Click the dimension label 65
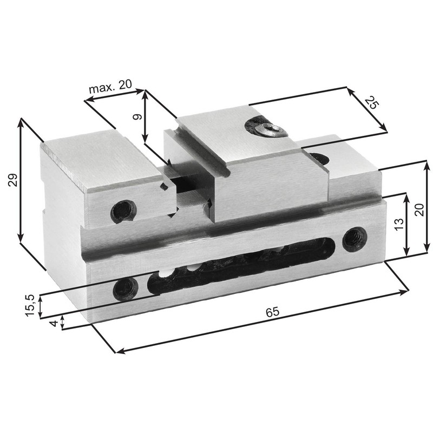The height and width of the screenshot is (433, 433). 273,313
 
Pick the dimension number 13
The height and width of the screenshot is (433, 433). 399,224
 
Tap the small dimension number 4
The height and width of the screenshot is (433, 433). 53,323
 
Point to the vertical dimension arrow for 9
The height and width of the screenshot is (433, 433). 145,116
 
